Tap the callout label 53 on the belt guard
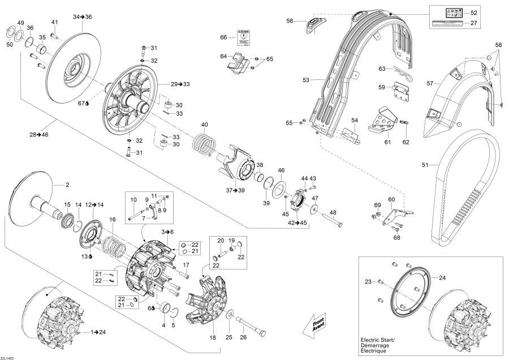coord(306,80)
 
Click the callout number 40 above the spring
coord(205,125)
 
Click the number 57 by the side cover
coord(430,83)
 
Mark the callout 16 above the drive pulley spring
coord(113,219)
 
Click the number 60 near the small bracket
coord(391,200)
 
